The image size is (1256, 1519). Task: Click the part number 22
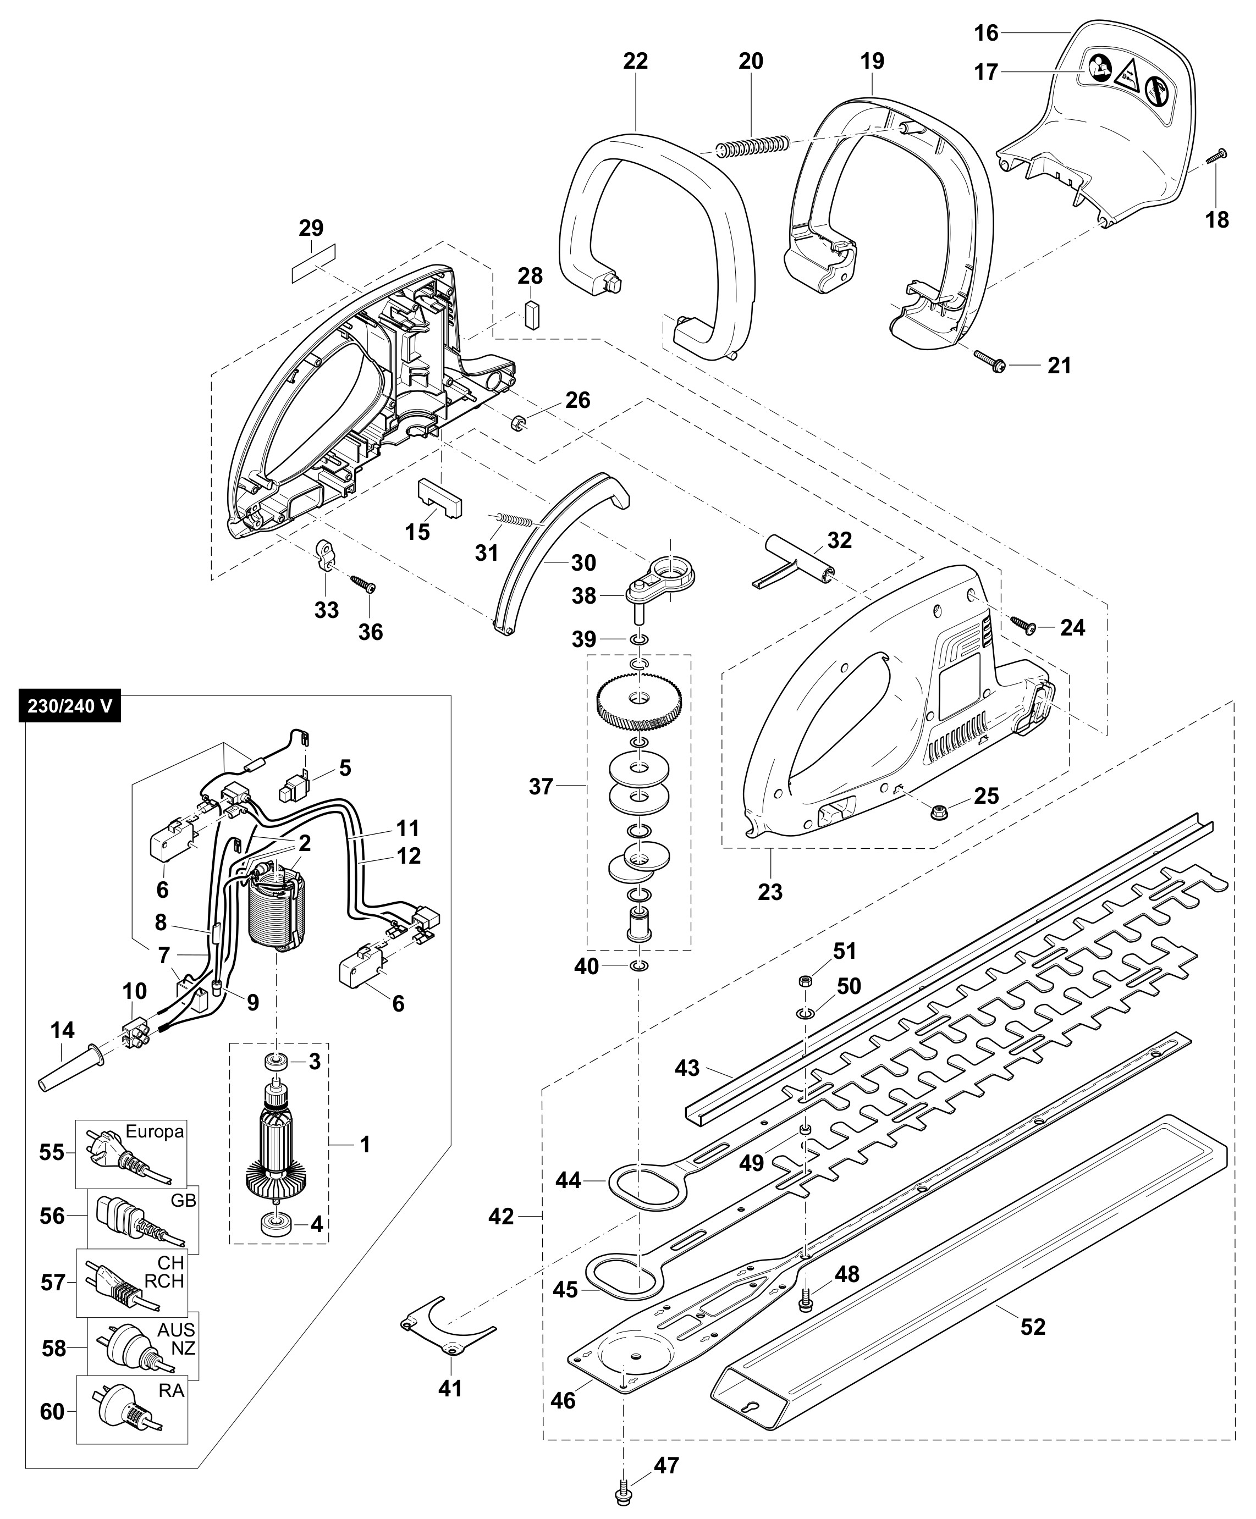pyautogui.click(x=635, y=62)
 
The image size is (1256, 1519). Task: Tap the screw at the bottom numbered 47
pyautogui.click(x=622, y=1494)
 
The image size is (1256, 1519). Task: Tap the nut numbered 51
pyautogui.click(x=804, y=981)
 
